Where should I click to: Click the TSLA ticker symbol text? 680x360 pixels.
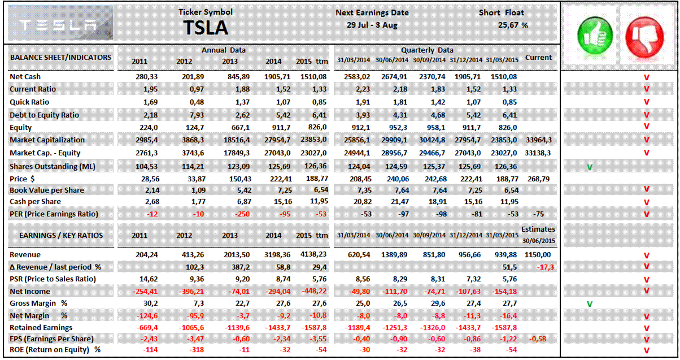206,27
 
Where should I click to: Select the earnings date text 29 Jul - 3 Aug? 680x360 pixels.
372,25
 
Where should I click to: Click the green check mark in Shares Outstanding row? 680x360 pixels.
590,167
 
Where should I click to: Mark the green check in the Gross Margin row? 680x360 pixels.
590,304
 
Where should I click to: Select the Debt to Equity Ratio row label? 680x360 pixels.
44,115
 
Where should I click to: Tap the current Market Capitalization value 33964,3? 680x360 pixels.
539,140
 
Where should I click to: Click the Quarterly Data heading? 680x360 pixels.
427,50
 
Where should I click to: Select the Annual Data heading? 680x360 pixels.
224,50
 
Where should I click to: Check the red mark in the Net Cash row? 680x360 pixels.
646,77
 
